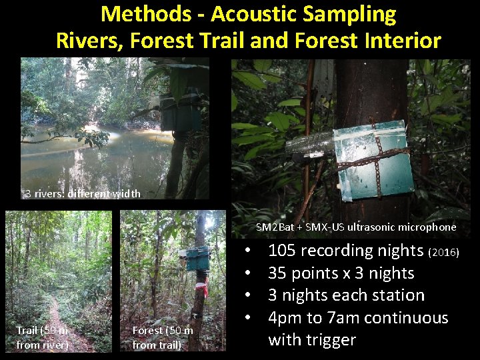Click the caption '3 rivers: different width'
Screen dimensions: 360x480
pos(82,194)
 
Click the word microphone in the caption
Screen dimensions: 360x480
pos(426,227)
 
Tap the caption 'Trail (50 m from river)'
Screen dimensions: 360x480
pos(43,337)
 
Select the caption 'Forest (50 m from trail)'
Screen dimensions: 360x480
pos(163,337)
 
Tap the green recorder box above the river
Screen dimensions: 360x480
pos(180,113)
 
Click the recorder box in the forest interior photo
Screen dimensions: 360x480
pos(198,258)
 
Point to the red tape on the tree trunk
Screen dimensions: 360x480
pos(200,289)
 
